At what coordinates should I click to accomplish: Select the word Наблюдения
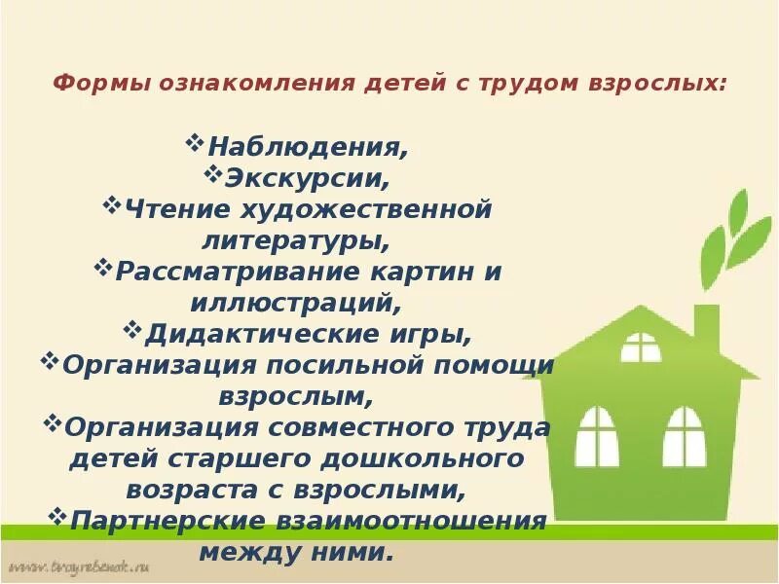[308, 148]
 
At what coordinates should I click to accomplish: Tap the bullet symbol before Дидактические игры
[134, 329]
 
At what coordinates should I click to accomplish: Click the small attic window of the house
[641, 347]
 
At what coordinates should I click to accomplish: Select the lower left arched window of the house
[596, 435]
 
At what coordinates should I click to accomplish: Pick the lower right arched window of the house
[684, 435]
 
